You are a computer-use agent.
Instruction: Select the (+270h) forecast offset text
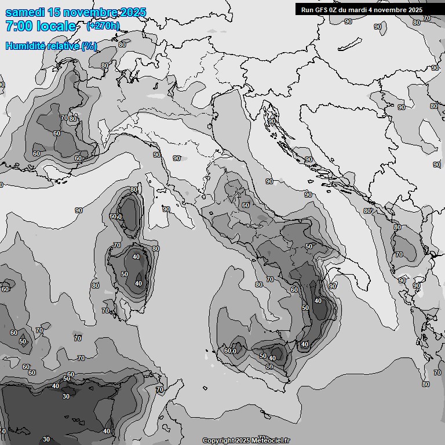pyautogui.click(x=103, y=25)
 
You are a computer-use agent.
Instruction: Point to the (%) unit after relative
pyautogui.click(x=89, y=46)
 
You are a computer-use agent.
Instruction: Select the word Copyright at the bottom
pyautogui.click(x=219, y=441)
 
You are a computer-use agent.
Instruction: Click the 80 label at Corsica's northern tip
pyautogui.click(x=134, y=189)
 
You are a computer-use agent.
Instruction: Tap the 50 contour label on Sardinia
pyautogui.click(x=125, y=274)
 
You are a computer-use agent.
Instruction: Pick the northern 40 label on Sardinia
pyautogui.click(x=136, y=257)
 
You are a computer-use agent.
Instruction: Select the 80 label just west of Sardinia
pyautogui.click(x=95, y=285)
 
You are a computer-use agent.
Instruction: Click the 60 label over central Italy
pyautogui.click(x=246, y=205)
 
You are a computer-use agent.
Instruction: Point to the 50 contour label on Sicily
pyautogui.click(x=263, y=356)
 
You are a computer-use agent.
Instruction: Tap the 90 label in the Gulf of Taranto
pyautogui.click(x=333, y=286)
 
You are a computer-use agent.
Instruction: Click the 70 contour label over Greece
pyautogui.click(x=399, y=254)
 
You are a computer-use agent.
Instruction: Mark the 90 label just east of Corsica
pyautogui.click(x=166, y=209)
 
